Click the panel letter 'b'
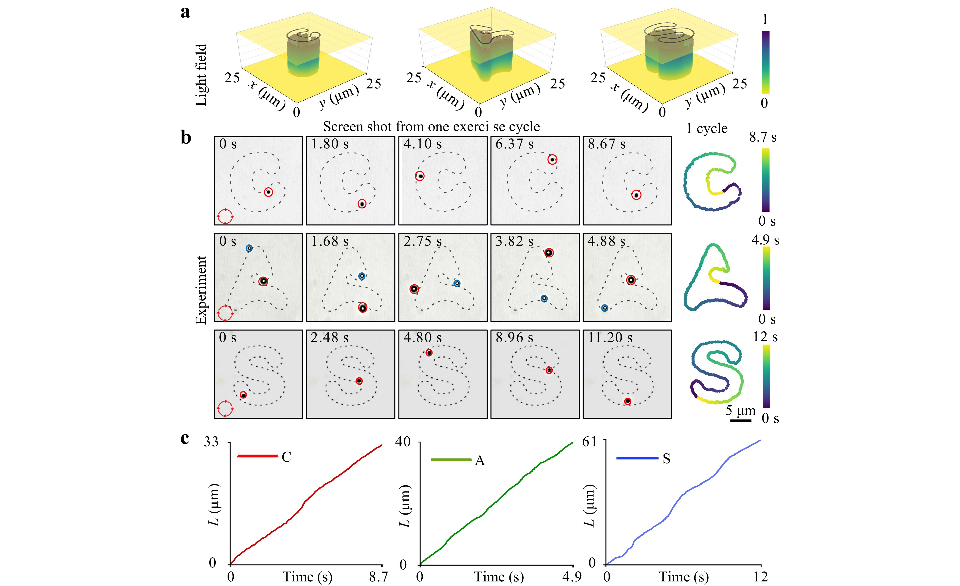click(186, 138)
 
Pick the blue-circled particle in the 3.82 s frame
click(544, 299)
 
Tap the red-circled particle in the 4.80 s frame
click(429, 353)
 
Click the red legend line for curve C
click(257, 456)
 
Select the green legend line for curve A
click(451, 460)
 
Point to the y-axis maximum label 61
click(589, 442)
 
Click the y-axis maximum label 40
click(403, 442)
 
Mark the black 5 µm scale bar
click(740, 421)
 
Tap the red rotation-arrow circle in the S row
click(225, 409)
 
